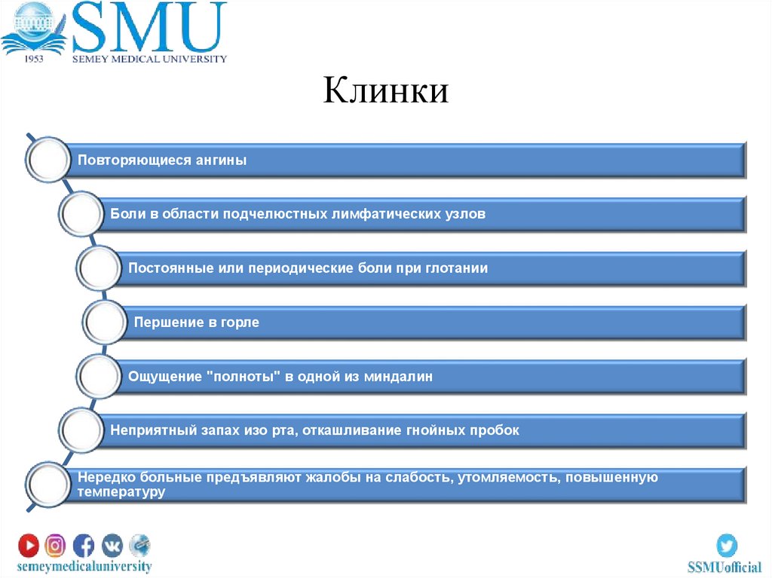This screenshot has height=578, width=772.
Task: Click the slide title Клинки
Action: (x=387, y=91)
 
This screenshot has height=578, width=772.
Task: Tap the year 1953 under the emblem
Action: (x=34, y=58)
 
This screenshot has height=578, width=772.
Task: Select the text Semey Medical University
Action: (x=149, y=59)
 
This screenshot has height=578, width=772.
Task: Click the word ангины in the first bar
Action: (x=222, y=161)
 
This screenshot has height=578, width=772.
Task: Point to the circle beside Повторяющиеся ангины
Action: (x=46, y=160)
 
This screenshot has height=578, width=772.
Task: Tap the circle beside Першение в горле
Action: (x=104, y=323)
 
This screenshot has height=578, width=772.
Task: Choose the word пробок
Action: (x=496, y=431)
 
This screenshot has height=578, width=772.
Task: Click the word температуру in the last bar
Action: (x=121, y=492)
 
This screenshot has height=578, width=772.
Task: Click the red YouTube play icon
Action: (x=29, y=544)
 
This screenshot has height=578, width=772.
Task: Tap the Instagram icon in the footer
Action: (x=55, y=544)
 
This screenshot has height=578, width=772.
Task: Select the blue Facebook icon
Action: (x=83, y=544)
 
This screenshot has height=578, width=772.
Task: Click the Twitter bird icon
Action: (x=727, y=545)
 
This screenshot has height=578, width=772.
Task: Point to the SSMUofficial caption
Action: (x=725, y=567)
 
